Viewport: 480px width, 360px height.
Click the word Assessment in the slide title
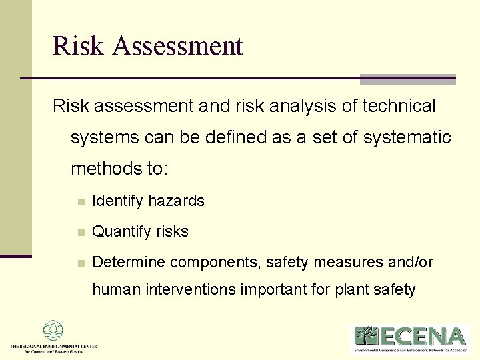178,46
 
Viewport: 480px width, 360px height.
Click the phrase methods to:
120,169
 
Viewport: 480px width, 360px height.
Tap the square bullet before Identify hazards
80,201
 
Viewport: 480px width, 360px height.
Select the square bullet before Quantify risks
80,233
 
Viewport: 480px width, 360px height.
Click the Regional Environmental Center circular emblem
53,331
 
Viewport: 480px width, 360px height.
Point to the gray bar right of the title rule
407,79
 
